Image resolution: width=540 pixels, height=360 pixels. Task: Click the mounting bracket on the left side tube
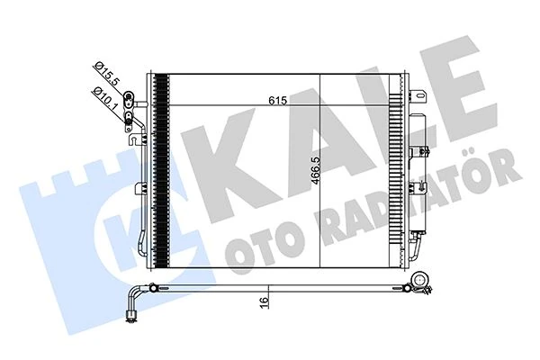[139, 188]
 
